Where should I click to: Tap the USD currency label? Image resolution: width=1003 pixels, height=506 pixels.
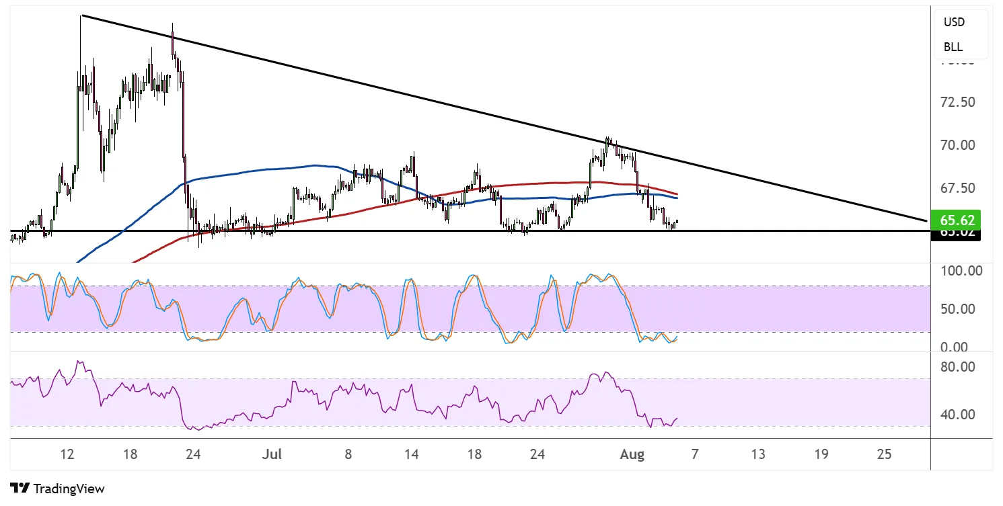pos(954,22)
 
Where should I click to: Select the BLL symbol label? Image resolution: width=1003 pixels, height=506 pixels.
pos(953,47)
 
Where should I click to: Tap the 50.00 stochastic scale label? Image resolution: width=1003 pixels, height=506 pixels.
pos(959,309)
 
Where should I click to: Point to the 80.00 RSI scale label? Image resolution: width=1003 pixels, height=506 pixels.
pos(959,367)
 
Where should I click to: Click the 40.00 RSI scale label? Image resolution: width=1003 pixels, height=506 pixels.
pos(959,414)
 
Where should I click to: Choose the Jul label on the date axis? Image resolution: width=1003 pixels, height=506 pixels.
pos(272,454)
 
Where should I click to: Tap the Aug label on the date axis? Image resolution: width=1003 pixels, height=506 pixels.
pos(632,454)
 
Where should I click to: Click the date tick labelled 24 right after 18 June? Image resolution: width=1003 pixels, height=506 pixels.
pos(193,454)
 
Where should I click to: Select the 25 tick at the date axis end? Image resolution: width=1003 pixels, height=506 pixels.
pos(885,454)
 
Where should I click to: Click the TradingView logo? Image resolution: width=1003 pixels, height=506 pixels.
pos(58,489)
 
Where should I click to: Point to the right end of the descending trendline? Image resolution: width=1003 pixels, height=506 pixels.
pos(926,220)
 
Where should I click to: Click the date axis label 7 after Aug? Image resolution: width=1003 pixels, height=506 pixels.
pos(695,454)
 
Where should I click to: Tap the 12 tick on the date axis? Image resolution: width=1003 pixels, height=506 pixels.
pos(67,454)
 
